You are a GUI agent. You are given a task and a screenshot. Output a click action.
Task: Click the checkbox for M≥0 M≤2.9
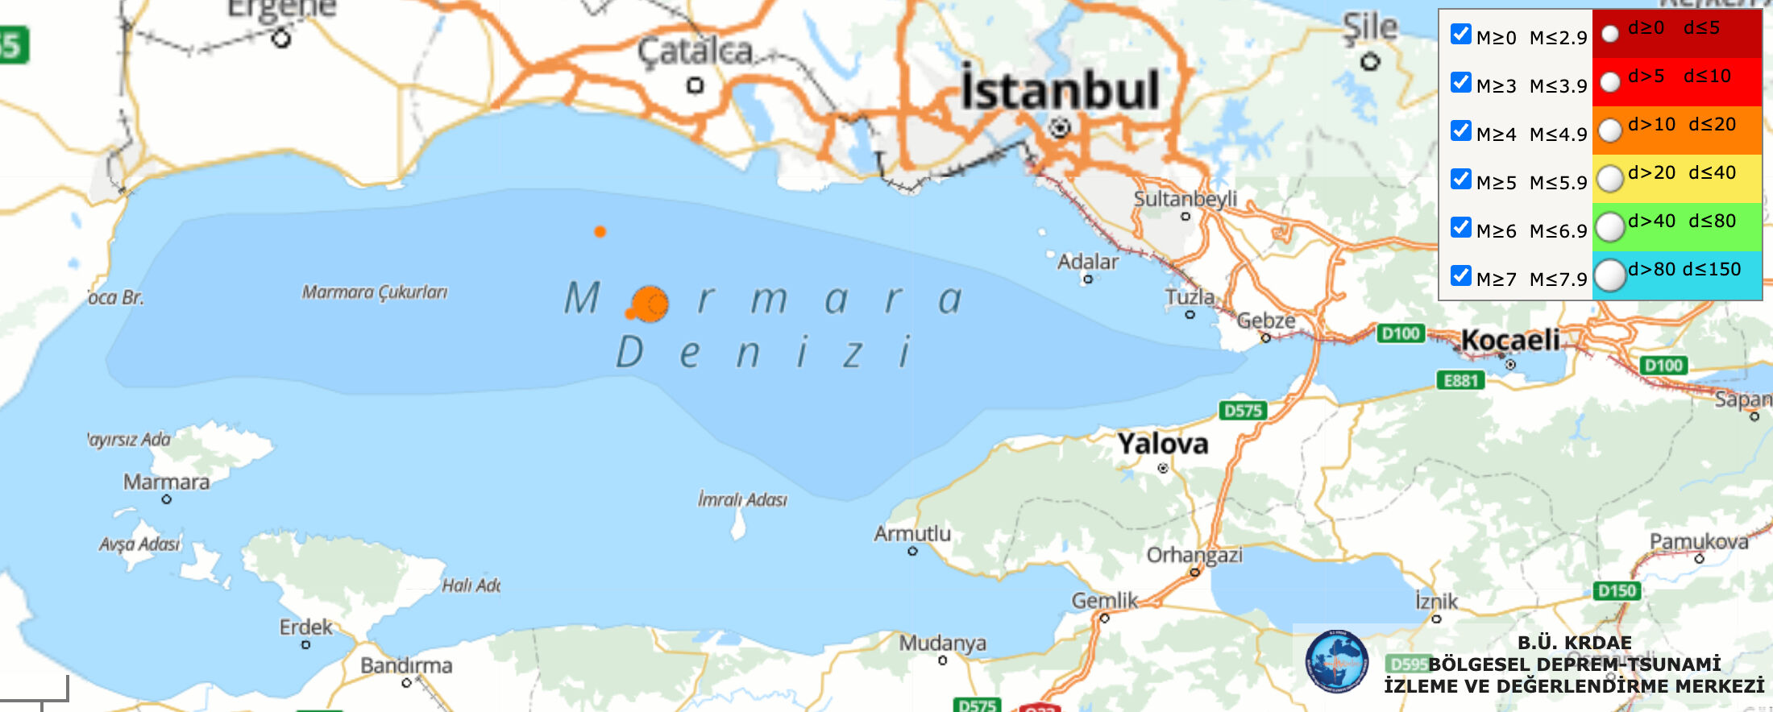point(1460,35)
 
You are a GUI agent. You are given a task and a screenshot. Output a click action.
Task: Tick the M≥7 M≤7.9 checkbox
point(1460,276)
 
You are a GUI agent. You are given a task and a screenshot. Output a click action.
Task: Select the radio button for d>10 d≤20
point(1609,130)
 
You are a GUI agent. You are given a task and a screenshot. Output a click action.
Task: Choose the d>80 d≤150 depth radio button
point(1609,275)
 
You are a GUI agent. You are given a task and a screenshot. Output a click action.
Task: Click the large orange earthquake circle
point(650,304)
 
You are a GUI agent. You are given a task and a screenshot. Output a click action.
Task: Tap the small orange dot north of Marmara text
point(600,232)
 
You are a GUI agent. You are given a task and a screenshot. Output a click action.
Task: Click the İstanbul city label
point(1060,90)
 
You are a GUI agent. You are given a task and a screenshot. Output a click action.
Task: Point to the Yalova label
point(1162,444)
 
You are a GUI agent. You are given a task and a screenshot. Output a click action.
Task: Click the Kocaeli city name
point(1510,340)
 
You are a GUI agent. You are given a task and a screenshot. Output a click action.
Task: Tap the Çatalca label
point(695,52)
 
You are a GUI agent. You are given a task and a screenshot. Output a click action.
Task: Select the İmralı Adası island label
point(742,499)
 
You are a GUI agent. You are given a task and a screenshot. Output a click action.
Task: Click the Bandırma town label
point(406,666)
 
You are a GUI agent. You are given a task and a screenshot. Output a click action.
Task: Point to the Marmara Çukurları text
point(375,292)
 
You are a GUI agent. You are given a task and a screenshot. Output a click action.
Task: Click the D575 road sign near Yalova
point(1243,411)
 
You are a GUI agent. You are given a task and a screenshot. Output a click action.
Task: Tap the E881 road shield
point(1460,380)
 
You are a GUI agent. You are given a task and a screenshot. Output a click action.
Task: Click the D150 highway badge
point(1617,591)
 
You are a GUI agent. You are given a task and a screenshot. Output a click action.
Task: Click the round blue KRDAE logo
point(1336,662)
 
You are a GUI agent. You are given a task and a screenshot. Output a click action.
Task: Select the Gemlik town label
point(1104,601)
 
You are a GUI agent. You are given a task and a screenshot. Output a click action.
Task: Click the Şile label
point(1369,27)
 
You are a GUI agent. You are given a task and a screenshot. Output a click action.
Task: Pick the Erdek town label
point(305,627)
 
